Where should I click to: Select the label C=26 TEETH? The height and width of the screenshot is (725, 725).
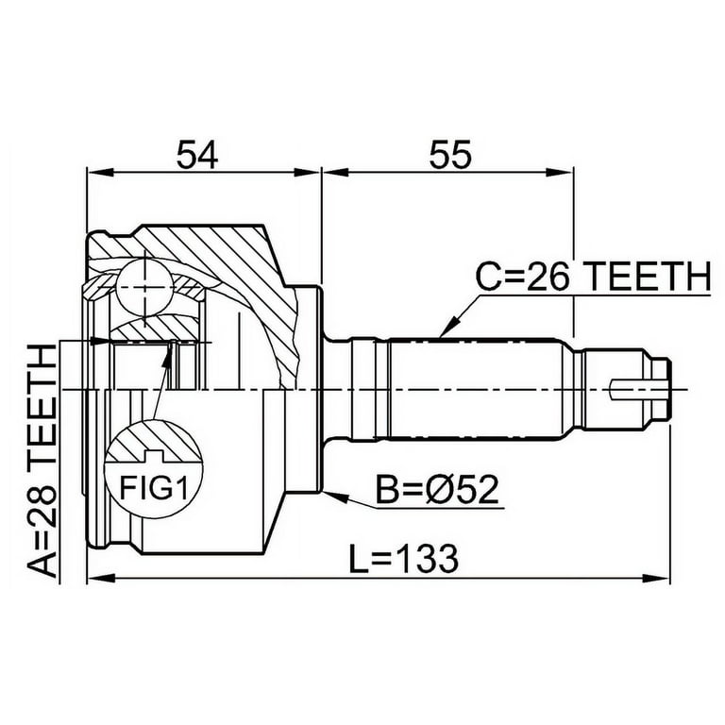(592, 277)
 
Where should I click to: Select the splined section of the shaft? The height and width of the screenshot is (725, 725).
(477, 388)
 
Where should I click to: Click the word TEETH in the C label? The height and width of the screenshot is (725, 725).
(647, 277)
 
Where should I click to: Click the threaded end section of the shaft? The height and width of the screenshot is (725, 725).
(623, 388)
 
